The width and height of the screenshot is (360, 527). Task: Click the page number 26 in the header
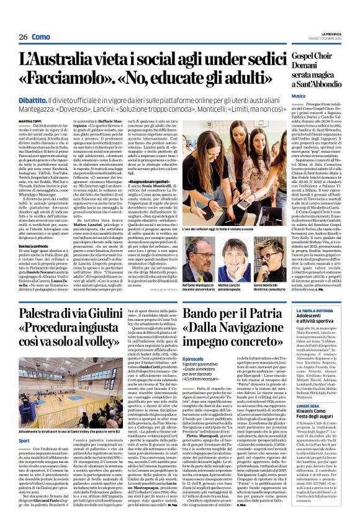coord(24,37)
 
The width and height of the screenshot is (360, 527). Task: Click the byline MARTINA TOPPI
coord(30,120)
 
